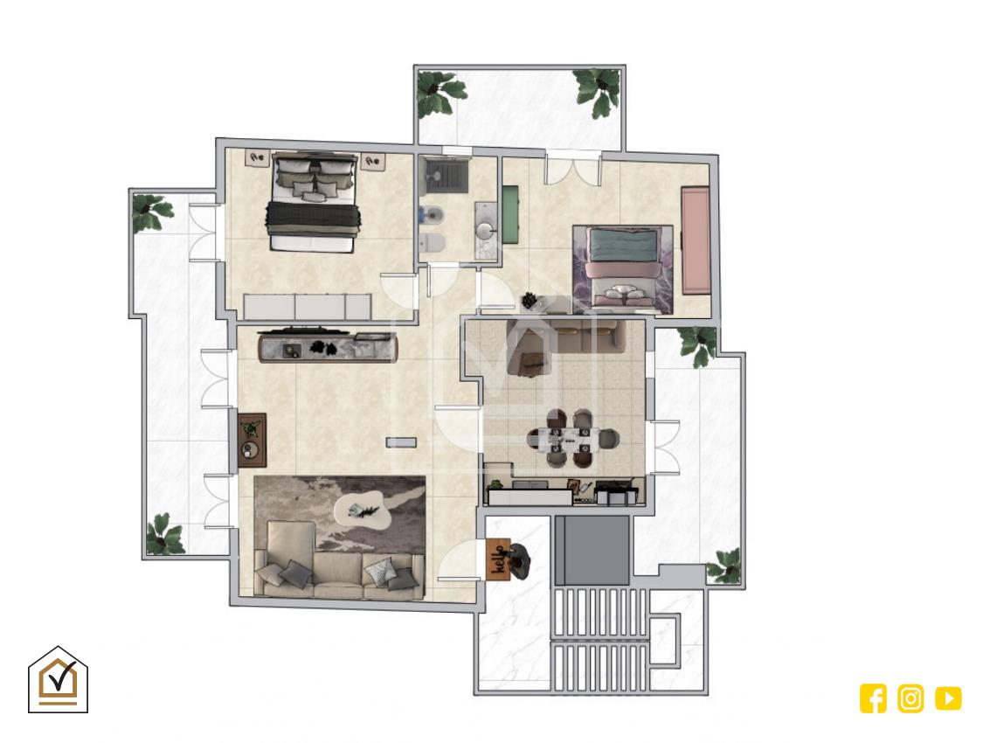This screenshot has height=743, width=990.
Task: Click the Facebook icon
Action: click(873, 698)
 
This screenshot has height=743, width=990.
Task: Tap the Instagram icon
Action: click(910, 698)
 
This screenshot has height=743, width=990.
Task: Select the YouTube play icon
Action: click(948, 698)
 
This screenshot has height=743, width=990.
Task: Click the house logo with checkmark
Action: click(58, 680)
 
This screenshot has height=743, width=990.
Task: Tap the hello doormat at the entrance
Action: click(498, 559)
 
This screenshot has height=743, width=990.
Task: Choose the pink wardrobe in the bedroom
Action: click(696, 240)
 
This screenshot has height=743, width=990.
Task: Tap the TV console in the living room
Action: click(329, 348)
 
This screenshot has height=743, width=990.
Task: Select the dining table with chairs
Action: click(573, 439)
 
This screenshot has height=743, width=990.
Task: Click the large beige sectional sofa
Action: click(338, 561)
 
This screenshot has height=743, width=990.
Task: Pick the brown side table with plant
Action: click(253, 440)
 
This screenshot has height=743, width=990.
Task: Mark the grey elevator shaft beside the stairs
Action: click(592, 550)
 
